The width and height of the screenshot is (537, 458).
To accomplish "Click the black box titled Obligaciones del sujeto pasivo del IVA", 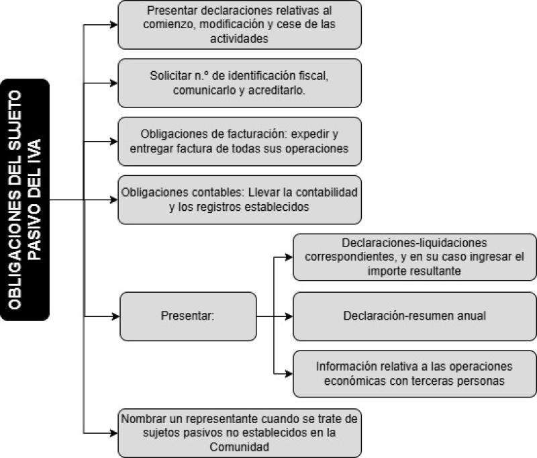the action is (25, 199).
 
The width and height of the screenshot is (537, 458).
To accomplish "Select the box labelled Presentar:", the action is (188, 316).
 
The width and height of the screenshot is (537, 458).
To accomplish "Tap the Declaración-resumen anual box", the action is (414, 316).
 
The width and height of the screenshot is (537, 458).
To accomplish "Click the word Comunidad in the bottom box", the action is (240, 447).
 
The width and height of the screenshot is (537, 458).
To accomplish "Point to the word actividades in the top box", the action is (239, 39).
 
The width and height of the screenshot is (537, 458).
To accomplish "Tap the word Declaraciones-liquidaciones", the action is (414, 243).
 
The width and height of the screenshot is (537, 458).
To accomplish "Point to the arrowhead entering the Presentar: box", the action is (115, 316).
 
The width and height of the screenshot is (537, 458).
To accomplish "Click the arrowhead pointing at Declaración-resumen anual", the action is (289, 316).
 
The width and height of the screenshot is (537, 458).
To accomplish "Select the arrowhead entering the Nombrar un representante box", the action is (114, 433).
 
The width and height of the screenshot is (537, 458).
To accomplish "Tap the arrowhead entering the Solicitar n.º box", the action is (114, 83).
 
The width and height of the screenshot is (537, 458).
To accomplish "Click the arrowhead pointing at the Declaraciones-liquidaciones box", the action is (289, 257).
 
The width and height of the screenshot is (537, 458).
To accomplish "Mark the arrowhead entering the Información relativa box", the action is (289, 374).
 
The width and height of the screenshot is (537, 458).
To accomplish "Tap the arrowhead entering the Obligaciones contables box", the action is (114, 200).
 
